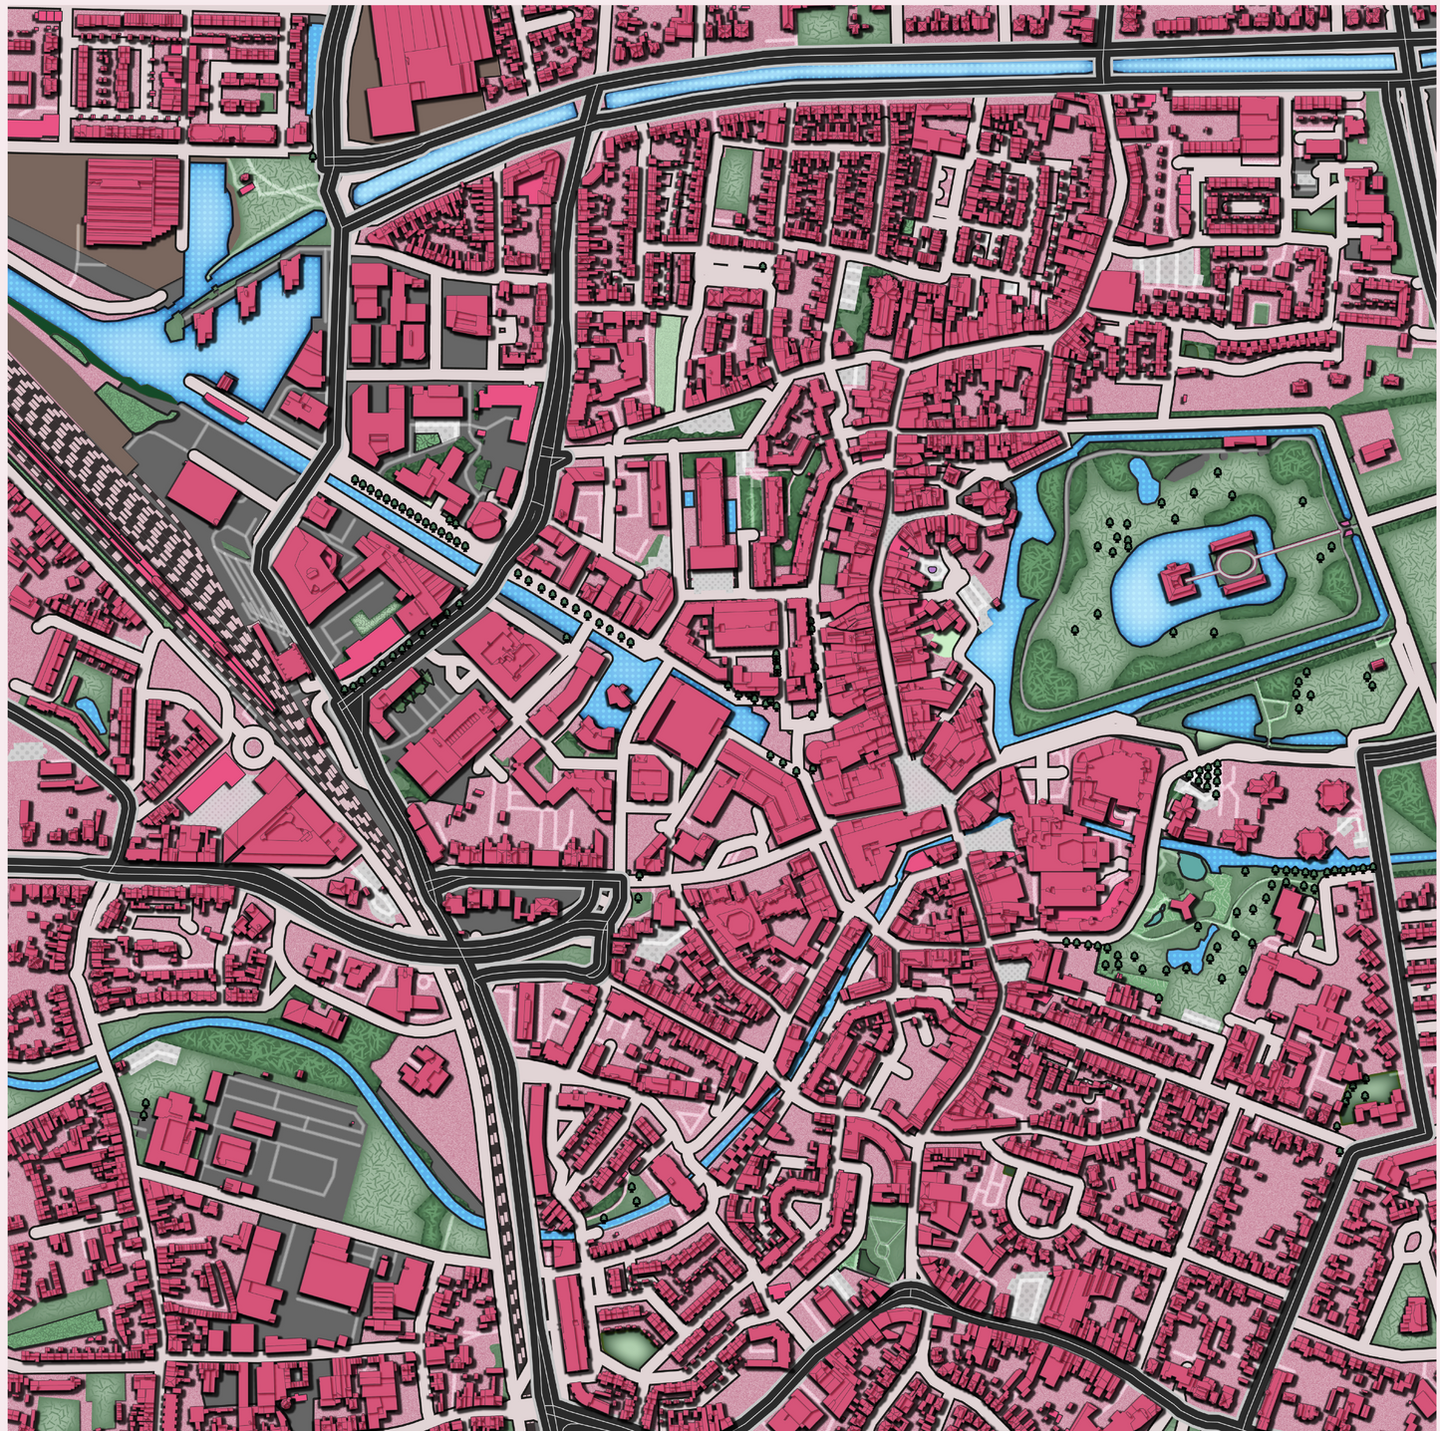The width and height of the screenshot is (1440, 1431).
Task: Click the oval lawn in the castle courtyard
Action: (1234, 564)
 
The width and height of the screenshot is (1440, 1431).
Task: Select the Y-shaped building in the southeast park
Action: (1184, 906)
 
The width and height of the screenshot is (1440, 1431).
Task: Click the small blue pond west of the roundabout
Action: (88, 711)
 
